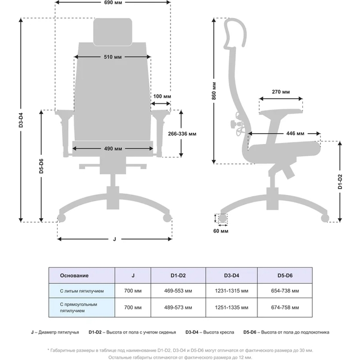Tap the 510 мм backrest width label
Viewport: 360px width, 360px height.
113,56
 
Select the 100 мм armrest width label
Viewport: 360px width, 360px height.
163,96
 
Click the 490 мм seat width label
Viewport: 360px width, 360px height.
113,149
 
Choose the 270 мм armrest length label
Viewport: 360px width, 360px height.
280,92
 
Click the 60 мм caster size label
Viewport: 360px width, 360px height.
220,231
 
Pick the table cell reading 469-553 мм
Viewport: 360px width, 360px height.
178,291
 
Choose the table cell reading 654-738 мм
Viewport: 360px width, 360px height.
282,291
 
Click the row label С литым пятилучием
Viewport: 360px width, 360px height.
82,291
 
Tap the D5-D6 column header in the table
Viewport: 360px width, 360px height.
282,276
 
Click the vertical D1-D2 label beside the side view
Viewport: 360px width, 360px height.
340,182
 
